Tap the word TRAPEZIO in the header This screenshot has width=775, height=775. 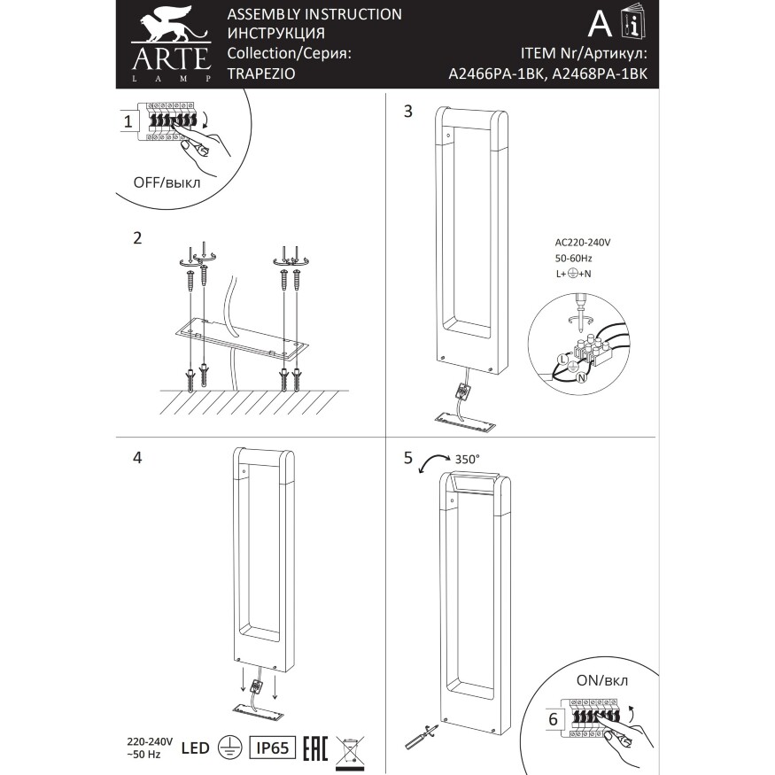(x=257, y=75)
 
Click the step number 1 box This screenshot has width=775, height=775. (x=129, y=122)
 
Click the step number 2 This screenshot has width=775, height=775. (x=136, y=238)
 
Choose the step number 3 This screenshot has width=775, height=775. (x=407, y=112)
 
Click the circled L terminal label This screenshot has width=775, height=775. (x=561, y=358)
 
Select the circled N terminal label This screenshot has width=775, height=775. (x=582, y=377)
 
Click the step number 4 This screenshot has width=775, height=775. (x=136, y=458)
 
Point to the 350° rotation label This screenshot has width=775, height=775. (x=466, y=459)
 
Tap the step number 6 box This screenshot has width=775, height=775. (x=553, y=719)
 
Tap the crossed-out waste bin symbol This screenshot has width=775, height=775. (x=352, y=748)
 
